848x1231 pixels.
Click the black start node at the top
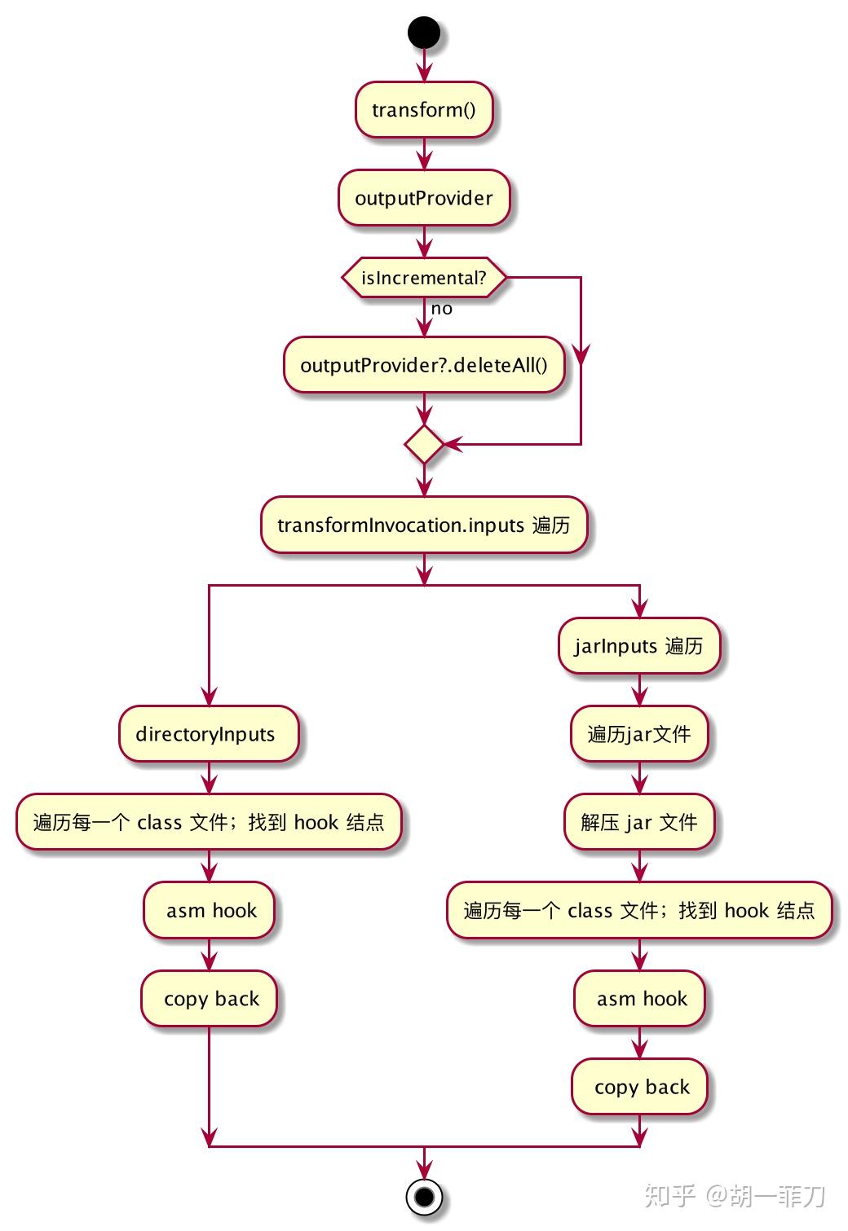424,33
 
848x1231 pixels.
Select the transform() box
424,109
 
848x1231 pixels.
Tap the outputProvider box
424,198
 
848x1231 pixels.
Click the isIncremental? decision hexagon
424,278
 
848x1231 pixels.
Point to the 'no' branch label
442,309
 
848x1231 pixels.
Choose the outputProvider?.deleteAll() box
424,365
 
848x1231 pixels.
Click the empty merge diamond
424,445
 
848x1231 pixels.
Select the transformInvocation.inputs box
424,525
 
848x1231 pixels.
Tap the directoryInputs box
209,734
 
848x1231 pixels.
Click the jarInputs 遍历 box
639,646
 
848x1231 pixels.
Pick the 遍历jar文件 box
639,734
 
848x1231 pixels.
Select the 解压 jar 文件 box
639,822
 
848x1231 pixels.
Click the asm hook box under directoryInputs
210,910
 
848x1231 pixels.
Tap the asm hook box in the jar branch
640,999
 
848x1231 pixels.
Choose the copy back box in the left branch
210,999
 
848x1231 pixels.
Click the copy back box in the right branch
640,1087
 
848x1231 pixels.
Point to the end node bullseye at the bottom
424,1197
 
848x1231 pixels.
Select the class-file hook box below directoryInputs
209,822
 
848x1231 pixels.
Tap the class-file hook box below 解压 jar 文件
639,910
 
